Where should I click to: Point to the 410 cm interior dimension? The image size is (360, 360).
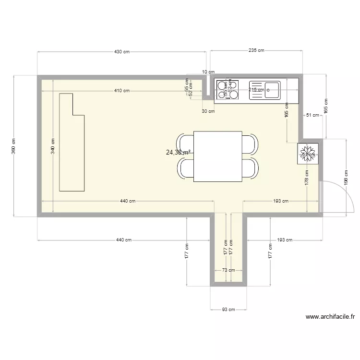121,90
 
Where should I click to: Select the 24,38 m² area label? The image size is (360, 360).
178,153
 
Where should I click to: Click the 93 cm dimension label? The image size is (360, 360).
228,310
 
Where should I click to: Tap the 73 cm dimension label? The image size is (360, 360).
228,270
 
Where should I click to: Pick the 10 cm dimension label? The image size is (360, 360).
208,72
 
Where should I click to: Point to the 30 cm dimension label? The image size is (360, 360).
208,111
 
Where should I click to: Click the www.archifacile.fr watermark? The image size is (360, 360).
330,317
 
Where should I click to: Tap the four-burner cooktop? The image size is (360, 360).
227,90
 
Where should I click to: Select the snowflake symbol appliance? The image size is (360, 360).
308,154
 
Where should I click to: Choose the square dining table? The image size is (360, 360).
217,156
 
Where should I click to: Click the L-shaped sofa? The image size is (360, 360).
72,144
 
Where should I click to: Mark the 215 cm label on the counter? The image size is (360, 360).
257,90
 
